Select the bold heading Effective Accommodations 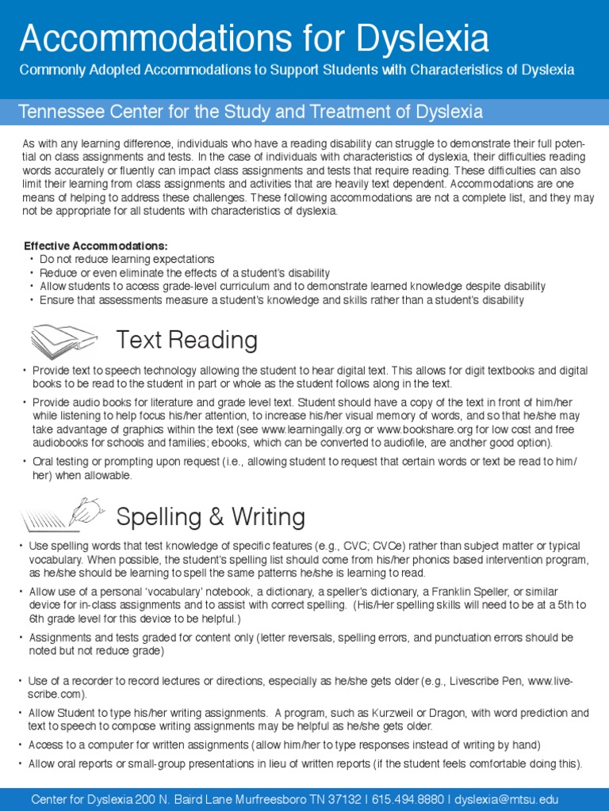tap(96, 246)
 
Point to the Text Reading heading tap(186, 341)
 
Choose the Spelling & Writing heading tap(210, 517)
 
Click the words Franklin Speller tap(448, 592)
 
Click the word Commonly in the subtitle tap(49, 70)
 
